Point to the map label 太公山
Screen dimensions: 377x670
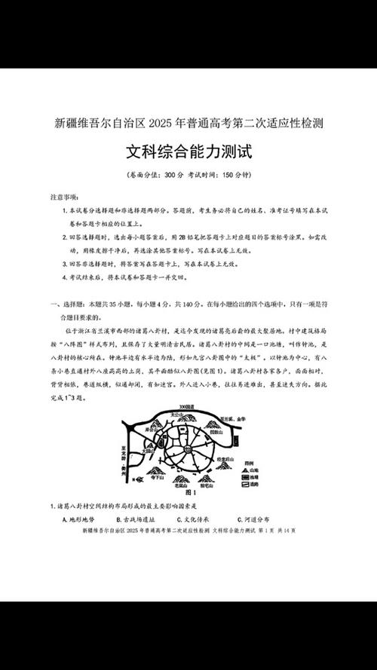coord(177,415)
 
